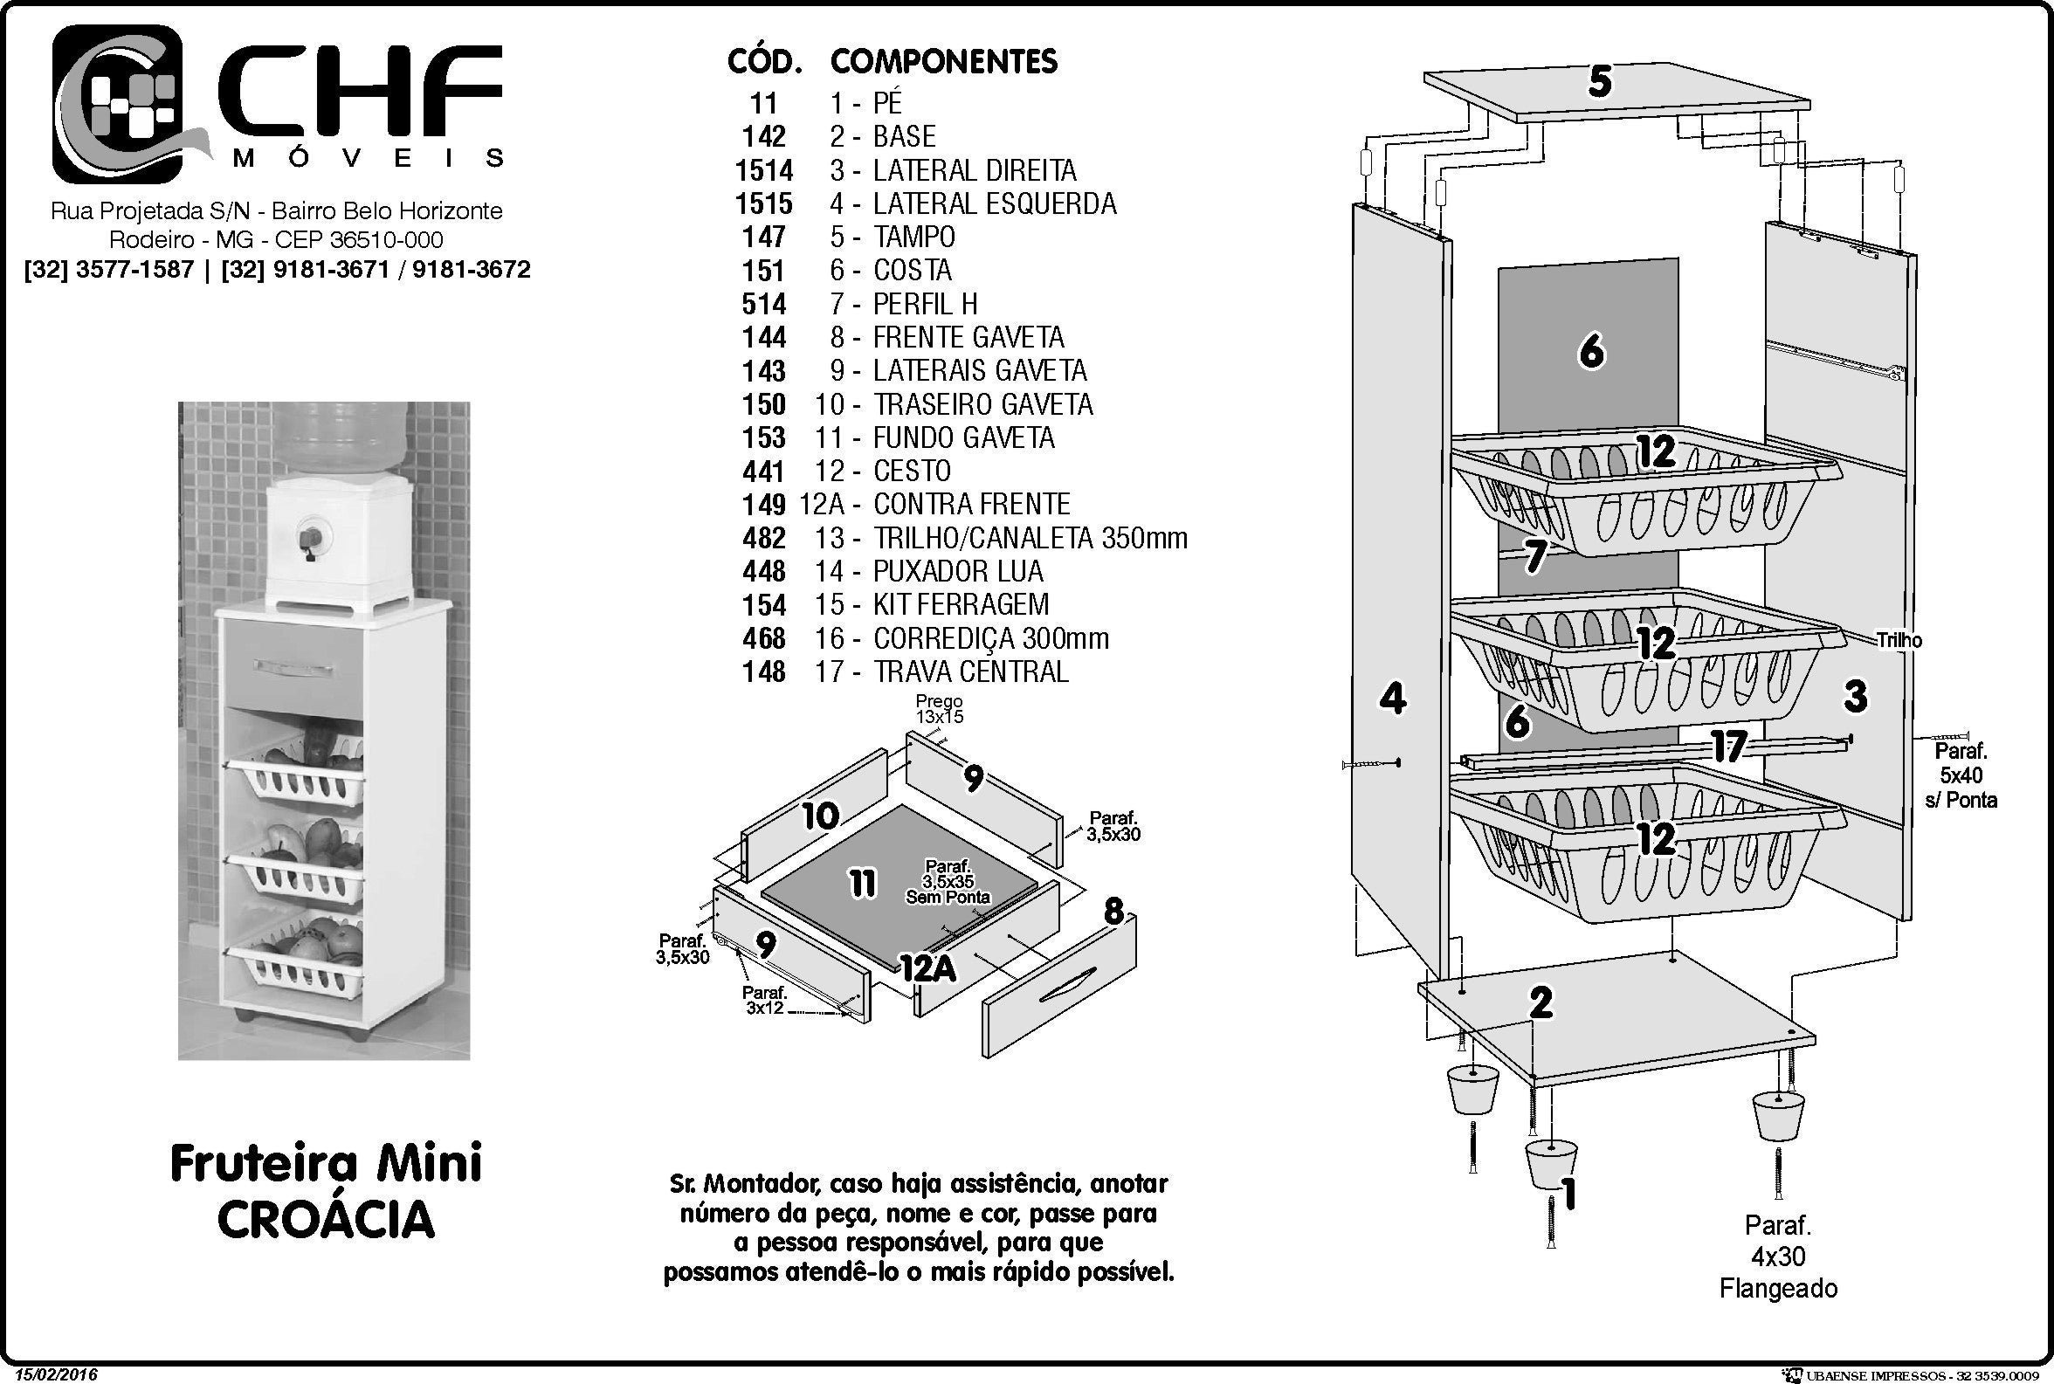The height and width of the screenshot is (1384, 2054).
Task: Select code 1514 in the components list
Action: click(763, 170)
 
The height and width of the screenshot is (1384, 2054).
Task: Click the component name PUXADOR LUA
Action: click(958, 571)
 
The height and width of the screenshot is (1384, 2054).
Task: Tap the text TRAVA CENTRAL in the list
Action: click(971, 671)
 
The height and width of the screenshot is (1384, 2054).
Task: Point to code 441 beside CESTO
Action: click(763, 471)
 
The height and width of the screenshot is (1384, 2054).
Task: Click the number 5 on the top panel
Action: click(1599, 82)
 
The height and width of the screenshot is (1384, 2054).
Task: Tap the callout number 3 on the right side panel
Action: click(1856, 698)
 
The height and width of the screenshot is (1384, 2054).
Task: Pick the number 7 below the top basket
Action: click(1535, 556)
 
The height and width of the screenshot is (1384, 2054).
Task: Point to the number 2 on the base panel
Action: click(1540, 1002)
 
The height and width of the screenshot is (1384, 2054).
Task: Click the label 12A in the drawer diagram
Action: click(927, 968)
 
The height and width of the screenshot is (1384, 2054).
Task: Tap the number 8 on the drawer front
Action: click(1113, 911)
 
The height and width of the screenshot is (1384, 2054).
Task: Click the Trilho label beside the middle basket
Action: click(1899, 641)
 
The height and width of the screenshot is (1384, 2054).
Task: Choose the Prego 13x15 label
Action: click(939, 709)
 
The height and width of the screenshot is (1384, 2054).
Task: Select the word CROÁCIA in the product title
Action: click(326, 1219)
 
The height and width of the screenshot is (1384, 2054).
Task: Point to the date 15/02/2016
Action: click(56, 1375)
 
